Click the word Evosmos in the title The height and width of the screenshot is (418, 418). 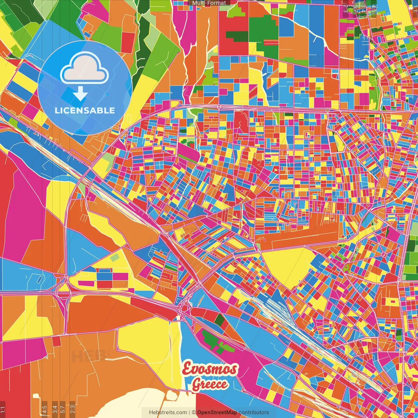pos(210,369)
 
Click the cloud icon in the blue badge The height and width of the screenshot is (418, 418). pos(85,69)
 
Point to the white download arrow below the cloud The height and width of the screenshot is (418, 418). pos(80,94)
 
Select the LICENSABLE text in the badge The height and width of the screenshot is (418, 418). pos(85,110)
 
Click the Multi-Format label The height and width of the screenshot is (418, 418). pos(209,3)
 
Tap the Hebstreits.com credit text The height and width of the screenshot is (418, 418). pos(168,412)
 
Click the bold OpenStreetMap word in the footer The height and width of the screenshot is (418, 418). pos(217,412)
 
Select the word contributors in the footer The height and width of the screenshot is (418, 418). pos(254,412)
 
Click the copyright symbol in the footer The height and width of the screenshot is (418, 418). pos(193,412)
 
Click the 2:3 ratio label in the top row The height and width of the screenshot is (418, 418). pos(346,8)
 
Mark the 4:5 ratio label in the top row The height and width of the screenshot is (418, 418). pos(374,8)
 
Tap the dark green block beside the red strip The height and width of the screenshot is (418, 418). pos(219,320)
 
